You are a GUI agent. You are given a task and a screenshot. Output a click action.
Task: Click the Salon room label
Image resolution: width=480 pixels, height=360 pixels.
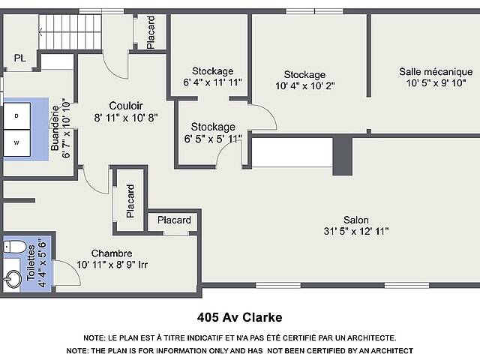pos(355,220)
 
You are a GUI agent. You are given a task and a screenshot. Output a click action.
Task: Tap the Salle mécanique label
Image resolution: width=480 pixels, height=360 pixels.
pos(436,72)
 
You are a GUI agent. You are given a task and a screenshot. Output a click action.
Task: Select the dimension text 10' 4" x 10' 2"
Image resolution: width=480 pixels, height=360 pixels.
pos(305,86)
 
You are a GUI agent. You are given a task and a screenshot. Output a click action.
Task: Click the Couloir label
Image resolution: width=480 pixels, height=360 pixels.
pos(126,106)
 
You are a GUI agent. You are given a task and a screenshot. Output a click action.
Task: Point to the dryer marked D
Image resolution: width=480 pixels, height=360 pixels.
pos(16,115)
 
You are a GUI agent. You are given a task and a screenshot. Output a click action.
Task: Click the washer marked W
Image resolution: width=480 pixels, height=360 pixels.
pos(16,142)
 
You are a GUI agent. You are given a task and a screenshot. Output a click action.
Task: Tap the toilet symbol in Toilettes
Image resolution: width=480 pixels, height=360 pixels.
pos(15,247)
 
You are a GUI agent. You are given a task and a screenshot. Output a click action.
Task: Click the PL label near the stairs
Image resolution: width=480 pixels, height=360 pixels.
pos(20,58)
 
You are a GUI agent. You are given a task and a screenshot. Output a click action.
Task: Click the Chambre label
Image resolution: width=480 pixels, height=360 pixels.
pos(112,253)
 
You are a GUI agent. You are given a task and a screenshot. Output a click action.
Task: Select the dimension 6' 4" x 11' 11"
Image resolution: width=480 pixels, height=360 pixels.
pos(212,82)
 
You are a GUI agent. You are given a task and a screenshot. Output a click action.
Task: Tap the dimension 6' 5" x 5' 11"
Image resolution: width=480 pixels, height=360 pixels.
pos(213,139)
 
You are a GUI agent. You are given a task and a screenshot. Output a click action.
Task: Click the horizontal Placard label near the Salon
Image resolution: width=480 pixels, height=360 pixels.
pos(174,220)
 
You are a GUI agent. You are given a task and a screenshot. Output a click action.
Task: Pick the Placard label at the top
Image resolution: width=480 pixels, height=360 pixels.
pos(151,32)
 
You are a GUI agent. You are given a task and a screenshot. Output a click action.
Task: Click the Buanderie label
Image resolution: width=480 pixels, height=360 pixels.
pos(55,128)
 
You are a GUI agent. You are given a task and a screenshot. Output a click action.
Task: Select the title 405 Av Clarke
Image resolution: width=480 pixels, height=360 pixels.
pos(240,317)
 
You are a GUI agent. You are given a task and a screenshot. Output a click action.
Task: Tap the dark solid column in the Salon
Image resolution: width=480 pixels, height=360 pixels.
pos(343,156)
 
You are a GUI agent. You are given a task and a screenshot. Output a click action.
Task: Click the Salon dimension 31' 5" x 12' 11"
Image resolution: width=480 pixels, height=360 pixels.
pos(356,231)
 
